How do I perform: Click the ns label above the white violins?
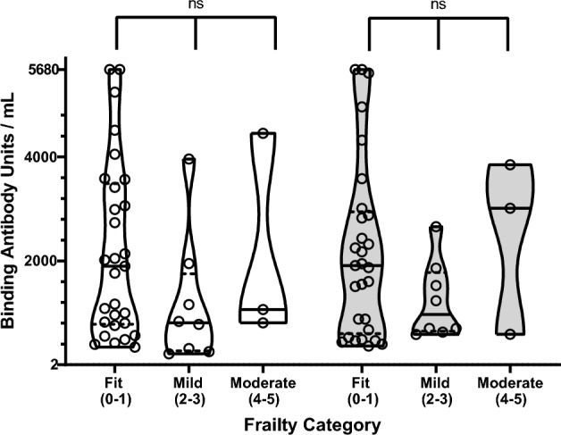coord(195,5)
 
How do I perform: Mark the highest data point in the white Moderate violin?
coord(264,134)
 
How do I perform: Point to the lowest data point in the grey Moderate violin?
coord(511,334)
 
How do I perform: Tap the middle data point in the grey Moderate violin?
coord(511,208)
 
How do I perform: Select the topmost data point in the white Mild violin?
coord(188,160)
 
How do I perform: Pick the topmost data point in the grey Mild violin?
coord(437,227)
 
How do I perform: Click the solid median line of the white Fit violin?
coord(115,266)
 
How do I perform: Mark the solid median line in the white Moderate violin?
coord(264,309)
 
